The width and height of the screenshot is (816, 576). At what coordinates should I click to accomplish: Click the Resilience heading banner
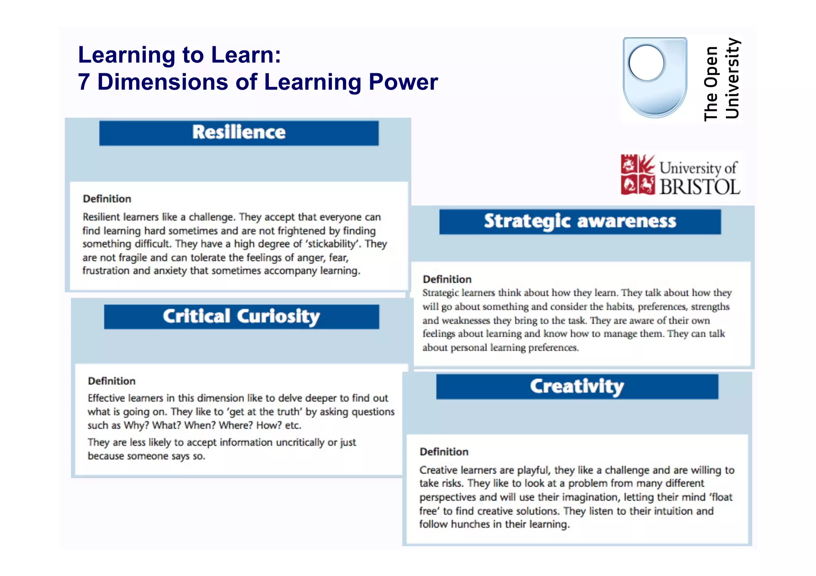tap(239, 133)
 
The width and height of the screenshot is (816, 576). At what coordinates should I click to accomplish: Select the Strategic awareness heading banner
tap(580, 222)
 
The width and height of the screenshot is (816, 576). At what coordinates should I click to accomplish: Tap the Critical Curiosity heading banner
tap(241, 317)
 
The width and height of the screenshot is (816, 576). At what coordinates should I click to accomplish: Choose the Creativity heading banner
tap(577, 387)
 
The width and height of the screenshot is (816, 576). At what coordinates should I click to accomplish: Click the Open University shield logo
tap(655, 78)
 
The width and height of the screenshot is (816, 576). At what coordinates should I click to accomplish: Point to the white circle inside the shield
tap(646, 63)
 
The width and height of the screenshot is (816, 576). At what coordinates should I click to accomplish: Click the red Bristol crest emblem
tap(637, 175)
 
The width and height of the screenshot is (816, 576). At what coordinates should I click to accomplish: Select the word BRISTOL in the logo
tap(700, 187)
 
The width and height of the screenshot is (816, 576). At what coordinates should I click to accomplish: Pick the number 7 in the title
tap(84, 82)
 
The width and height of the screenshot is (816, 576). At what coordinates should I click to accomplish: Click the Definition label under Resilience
tap(107, 199)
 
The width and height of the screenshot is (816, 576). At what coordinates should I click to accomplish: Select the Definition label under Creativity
tap(444, 452)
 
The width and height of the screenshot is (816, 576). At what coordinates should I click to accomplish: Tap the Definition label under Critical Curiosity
tap(112, 381)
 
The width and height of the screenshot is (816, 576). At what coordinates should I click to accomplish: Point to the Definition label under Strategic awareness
tap(447, 279)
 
